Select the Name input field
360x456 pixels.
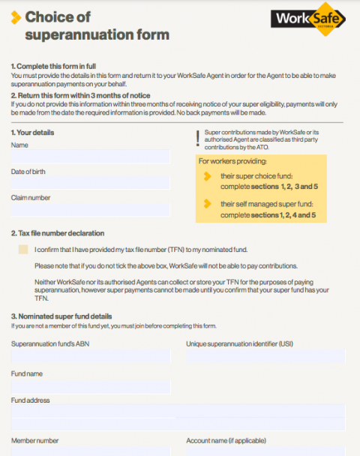pyautogui.click(x=90, y=157)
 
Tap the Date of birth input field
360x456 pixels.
pyautogui.click(x=90, y=184)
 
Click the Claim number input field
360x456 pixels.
pyautogui.click(x=90, y=210)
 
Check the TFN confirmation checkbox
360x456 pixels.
pyautogui.click(x=23, y=250)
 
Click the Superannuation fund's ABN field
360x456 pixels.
pyautogui.click(x=90, y=355)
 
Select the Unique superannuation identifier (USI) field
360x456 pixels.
pyautogui.click(x=265, y=355)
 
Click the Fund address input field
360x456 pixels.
pyautogui.click(x=178, y=412)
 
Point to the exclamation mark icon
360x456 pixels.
pyautogui.click(x=198, y=138)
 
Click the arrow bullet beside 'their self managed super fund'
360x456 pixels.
pyautogui.click(x=208, y=204)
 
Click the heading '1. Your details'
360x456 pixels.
pyautogui.click(x=32, y=133)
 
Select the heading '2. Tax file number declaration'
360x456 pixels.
pyautogui.click(x=58, y=233)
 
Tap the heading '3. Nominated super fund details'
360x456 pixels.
pyautogui.click(x=61, y=316)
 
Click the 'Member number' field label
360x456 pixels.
pyautogui.click(x=34, y=440)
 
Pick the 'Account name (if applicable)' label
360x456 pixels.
pyautogui.click(x=226, y=440)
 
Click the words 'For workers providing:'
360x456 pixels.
pyautogui.click(x=232, y=161)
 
